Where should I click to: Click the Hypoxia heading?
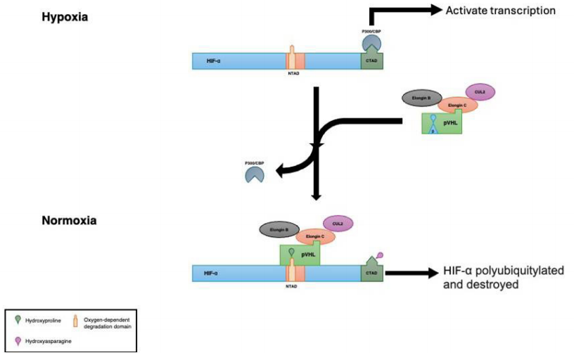64,16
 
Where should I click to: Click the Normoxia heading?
69,220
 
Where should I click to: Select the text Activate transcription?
502,10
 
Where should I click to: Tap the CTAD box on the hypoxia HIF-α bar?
373,61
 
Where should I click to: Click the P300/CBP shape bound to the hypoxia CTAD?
372,43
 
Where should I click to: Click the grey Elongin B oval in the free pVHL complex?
421,97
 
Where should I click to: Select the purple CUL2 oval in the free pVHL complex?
480,92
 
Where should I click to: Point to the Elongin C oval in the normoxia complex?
316,236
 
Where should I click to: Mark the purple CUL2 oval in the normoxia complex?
338,223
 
